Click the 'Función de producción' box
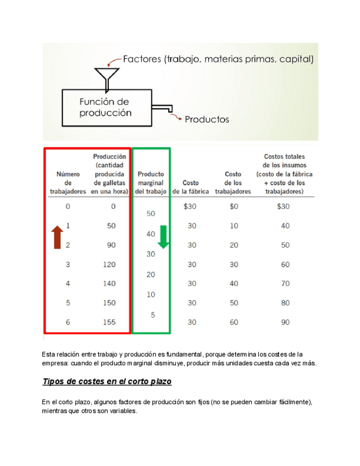(106, 108)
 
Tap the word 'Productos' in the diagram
(207, 119)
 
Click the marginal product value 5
(153, 315)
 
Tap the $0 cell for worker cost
(234, 207)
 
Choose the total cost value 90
(285, 323)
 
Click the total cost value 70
(285, 284)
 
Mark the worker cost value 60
(234, 323)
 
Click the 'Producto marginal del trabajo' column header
(151, 182)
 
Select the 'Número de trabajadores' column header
(68, 182)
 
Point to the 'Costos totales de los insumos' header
(285, 174)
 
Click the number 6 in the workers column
(68, 323)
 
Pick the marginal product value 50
(151, 213)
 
